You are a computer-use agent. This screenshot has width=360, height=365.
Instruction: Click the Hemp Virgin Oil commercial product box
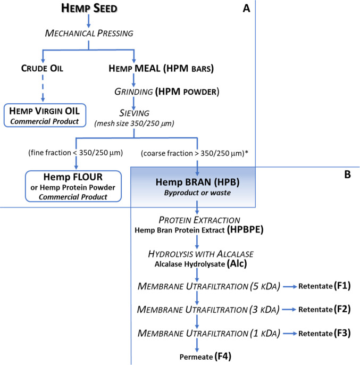point(41,115)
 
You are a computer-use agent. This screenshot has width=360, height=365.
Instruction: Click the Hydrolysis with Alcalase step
point(197,255)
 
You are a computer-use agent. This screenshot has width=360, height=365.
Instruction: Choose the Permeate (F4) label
point(197,354)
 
